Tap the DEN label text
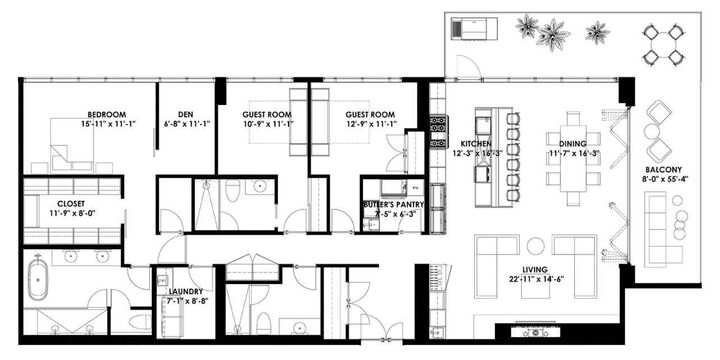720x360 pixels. tap(186, 114)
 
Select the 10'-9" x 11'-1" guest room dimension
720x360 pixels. tap(266, 125)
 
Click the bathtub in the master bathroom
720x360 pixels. tap(37, 279)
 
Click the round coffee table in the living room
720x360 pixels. tap(536, 245)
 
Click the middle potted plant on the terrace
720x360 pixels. tap(552, 34)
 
